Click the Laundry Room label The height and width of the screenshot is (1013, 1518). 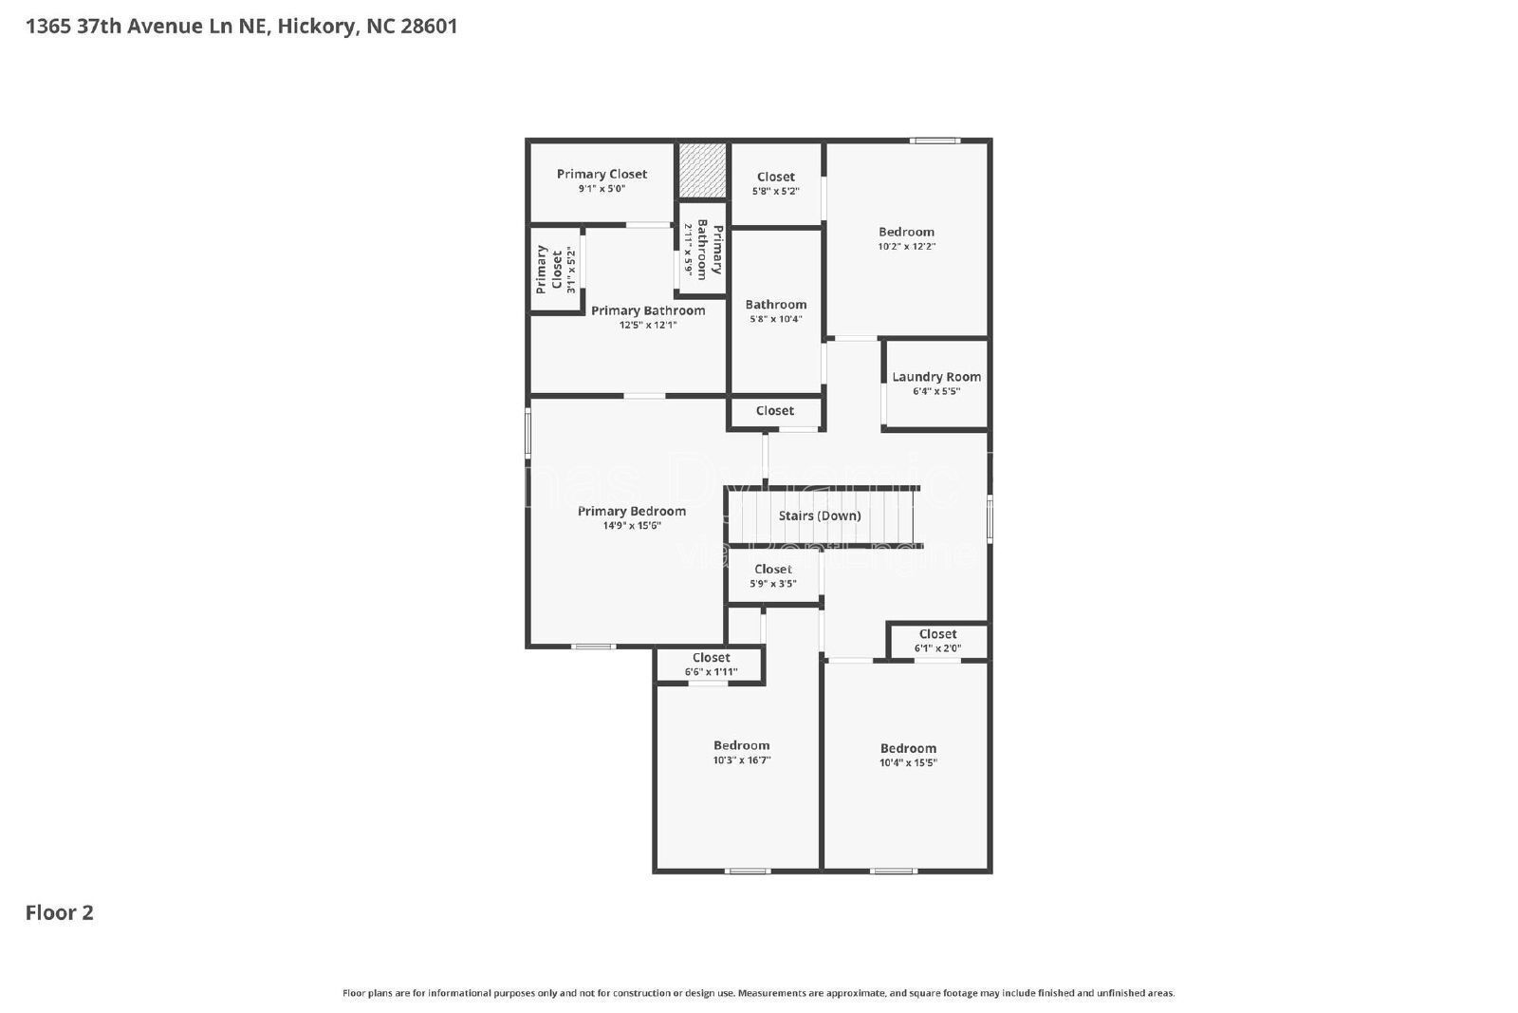click(935, 377)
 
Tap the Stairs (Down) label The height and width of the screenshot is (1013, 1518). click(820, 516)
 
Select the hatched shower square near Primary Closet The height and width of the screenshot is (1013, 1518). click(702, 171)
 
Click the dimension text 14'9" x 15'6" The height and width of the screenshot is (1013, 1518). click(631, 526)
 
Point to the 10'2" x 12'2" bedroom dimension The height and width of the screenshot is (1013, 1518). click(906, 247)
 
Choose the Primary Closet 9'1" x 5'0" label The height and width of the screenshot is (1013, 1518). click(602, 175)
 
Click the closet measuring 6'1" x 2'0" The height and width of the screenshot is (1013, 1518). click(937, 641)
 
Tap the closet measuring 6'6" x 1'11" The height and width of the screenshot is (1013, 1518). click(711, 665)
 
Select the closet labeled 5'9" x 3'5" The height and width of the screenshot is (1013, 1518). click(772, 576)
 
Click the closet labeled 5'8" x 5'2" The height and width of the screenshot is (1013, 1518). click(775, 183)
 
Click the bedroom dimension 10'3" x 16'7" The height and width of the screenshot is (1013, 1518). click(741, 760)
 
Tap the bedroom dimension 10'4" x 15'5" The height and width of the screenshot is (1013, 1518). click(908, 762)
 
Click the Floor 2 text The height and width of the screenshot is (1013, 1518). click(59, 913)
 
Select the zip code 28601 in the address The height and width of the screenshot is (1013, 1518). click(429, 27)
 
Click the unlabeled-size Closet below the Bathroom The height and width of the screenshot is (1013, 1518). click(774, 411)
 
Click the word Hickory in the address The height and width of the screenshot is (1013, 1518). click(317, 27)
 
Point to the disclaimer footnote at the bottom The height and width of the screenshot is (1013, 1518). click(758, 993)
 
